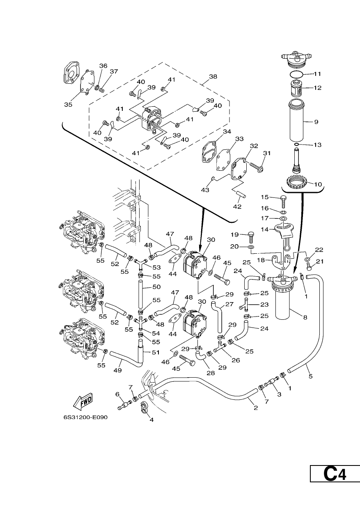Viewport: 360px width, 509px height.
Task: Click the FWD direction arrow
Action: click(x=83, y=401)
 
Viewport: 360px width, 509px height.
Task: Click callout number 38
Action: click(x=213, y=76)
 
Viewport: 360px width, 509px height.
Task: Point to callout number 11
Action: click(x=317, y=74)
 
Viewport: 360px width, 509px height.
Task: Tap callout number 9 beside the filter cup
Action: click(x=316, y=122)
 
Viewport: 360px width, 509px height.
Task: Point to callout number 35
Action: click(x=68, y=105)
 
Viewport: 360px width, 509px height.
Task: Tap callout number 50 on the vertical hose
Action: click(x=156, y=287)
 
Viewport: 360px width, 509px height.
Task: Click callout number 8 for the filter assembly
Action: click(x=305, y=317)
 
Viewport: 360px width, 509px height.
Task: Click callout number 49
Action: click(x=118, y=370)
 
